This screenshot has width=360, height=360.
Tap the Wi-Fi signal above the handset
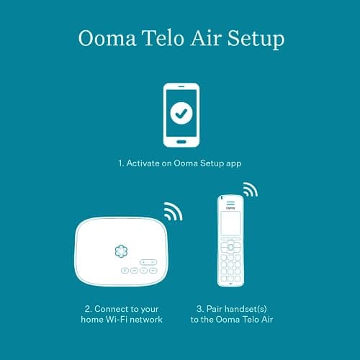(x=249, y=191)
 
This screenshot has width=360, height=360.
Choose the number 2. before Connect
(x=87, y=307)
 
